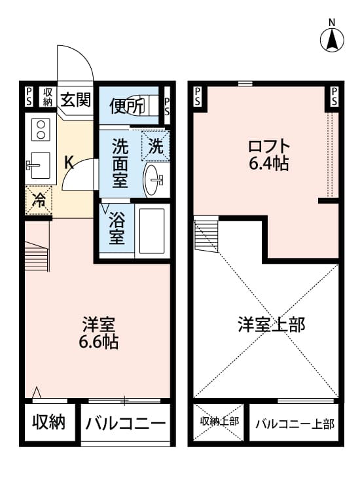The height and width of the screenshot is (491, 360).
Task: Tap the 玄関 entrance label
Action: coord(75,100)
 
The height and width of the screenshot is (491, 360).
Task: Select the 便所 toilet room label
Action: coord(126,105)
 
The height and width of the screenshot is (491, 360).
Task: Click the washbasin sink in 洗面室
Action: coord(155,179)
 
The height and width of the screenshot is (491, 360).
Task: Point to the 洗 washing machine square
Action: coord(156,145)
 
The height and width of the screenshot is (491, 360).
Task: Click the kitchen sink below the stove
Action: coord(38,165)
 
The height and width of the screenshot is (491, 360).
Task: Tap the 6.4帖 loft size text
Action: coord(268,164)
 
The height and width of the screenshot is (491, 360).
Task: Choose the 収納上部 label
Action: coord(219,421)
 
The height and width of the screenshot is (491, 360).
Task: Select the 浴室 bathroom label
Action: coord(117,228)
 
